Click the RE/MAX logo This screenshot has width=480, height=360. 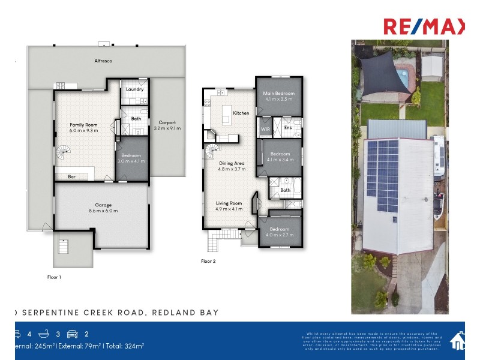424,26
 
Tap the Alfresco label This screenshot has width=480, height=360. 103,61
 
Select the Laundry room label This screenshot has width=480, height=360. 134,89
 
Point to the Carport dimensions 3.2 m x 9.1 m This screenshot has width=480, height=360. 167,128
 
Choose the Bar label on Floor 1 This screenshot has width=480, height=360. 71,177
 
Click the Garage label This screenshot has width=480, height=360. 103,205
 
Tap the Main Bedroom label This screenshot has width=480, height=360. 278,94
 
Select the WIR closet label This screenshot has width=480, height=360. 265,128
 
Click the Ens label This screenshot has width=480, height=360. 287,128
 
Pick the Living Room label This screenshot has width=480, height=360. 229,203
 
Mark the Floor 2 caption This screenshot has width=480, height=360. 208,262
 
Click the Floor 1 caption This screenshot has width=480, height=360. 54,277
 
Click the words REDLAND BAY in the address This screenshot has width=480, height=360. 185,313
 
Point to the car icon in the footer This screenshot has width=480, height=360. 72,334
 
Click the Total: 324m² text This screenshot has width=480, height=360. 125,346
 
